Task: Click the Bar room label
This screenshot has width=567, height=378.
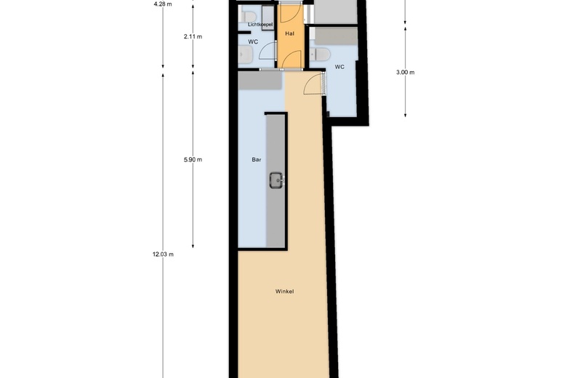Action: (256, 159)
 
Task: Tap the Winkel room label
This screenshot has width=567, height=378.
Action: (284, 291)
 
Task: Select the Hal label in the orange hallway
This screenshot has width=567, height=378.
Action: (289, 34)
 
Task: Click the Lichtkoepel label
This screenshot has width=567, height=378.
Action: (260, 25)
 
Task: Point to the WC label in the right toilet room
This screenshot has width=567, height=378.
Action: (339, 67)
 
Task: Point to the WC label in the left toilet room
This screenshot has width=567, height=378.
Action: (253, 41)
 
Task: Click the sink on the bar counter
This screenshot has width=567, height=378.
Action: (277, 180)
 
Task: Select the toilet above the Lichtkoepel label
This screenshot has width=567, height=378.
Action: (249, 15)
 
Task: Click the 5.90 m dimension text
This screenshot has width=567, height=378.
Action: (193, 159)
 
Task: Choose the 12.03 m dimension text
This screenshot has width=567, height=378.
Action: (163, 254)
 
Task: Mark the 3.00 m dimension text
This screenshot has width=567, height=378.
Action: (405, 72)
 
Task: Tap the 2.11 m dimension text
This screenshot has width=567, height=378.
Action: (193, 36)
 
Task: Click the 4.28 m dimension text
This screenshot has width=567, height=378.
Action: (163, 4)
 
